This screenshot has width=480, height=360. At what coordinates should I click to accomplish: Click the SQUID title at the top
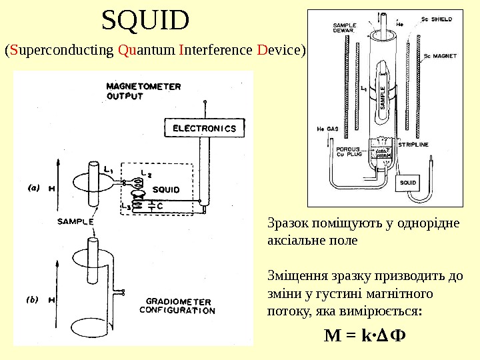pos(145,21)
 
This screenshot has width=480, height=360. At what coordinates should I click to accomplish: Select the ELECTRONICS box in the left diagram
pos(205,127)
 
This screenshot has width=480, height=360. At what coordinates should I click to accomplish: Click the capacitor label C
pos(160,206)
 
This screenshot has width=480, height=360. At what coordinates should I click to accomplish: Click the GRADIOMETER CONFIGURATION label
pos(178,305)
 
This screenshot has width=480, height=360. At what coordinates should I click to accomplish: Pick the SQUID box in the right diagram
pos(408,182)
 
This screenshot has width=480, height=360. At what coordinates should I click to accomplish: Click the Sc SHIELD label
pos(436,19)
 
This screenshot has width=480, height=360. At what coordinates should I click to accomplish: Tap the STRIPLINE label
pos(413,143)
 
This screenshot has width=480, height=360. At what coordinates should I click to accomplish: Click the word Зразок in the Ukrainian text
pos(285,223)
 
